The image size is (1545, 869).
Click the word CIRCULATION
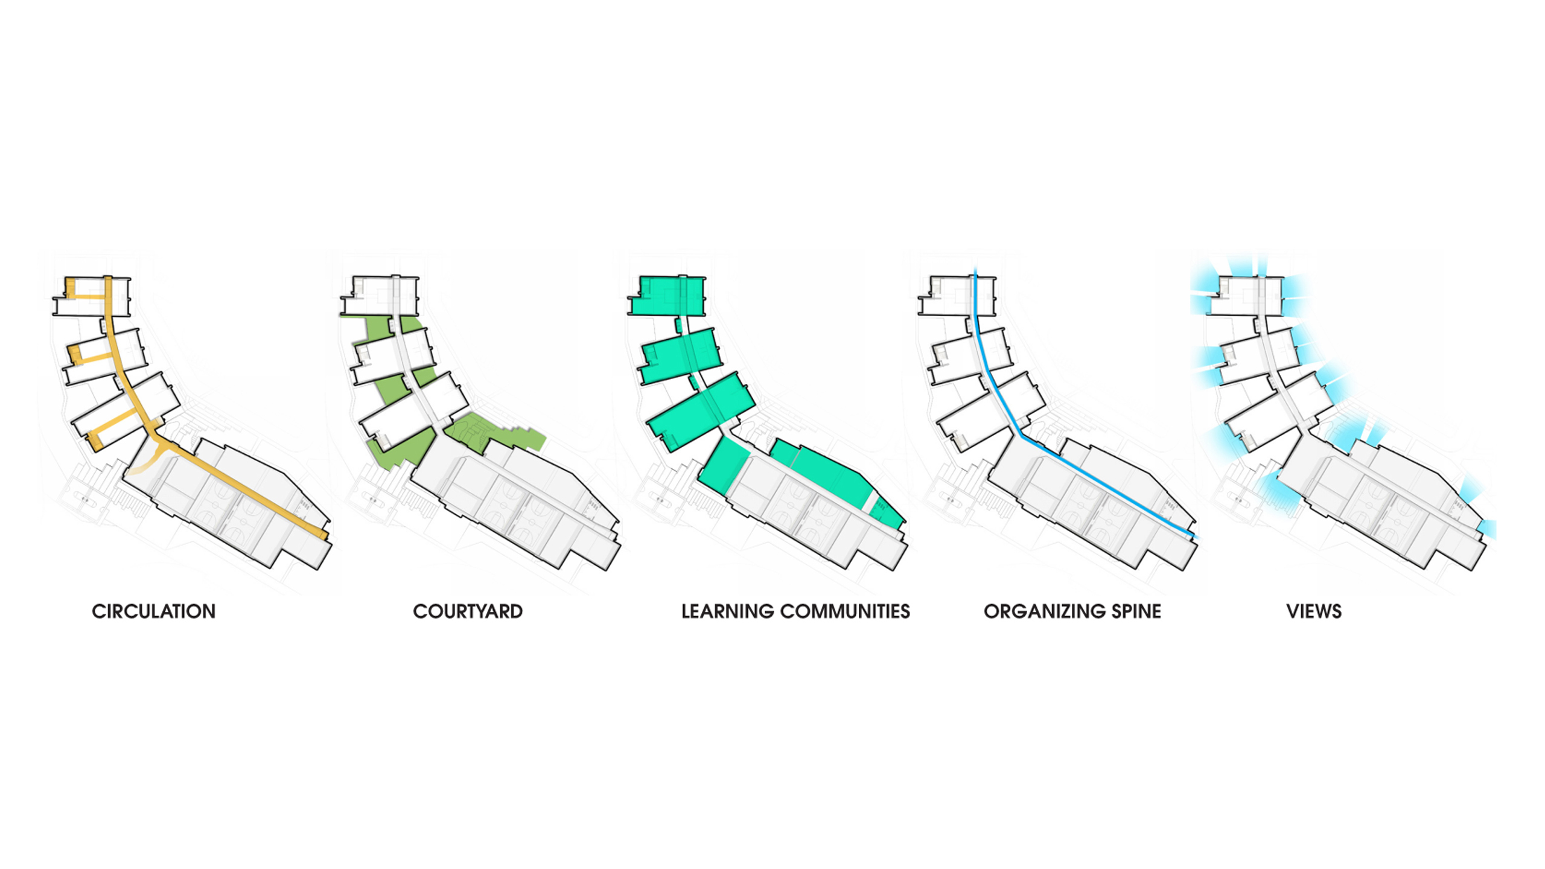153,611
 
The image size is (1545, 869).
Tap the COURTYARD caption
468,611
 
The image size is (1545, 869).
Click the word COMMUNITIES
845,611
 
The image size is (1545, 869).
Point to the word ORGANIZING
1045,611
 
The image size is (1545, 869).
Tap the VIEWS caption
1314,611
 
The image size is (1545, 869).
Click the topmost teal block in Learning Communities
667,296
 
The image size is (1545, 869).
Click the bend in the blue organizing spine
1021,434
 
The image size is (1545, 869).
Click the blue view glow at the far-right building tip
1488,528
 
